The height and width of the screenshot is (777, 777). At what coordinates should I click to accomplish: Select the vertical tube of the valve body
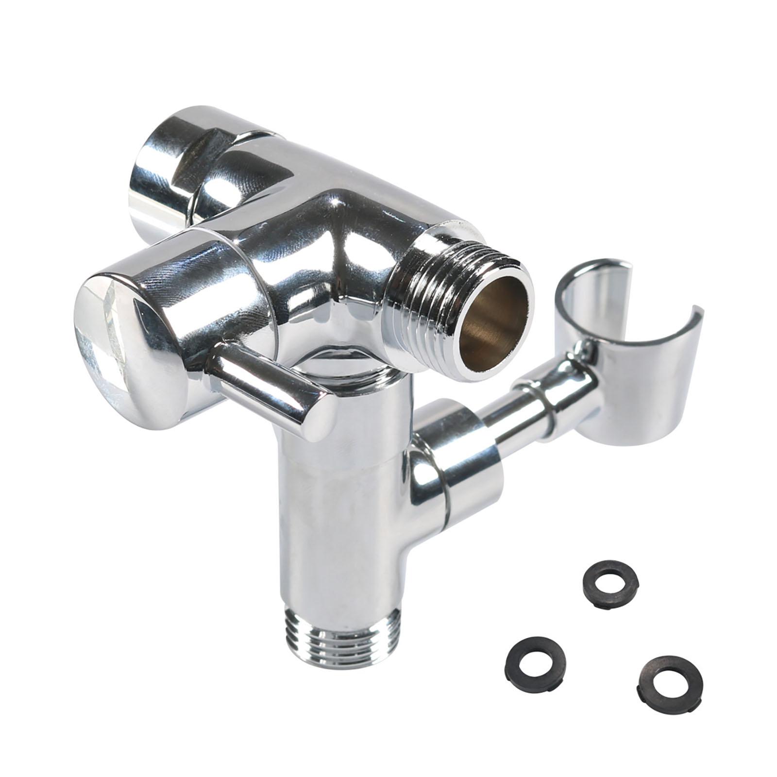click(x=340, y=524)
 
